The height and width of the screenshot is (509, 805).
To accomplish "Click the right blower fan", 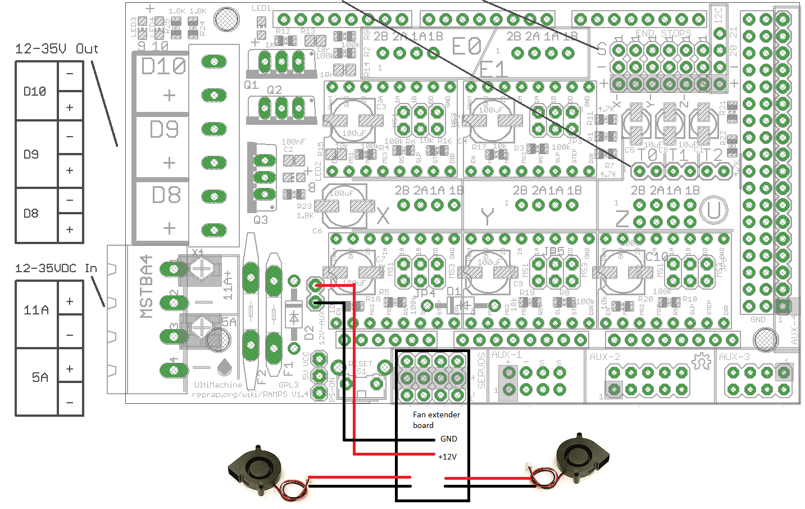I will [x=582, y=458].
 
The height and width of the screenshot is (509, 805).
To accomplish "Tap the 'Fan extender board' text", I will [x=436, y=420].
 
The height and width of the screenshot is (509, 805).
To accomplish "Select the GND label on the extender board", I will [x=448, y=439].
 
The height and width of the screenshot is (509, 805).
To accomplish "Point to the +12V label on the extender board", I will [x=447, y=457].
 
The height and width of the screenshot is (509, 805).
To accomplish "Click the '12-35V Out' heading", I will [x=56, y=49].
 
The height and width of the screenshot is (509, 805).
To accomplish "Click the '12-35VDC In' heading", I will [x=56, y=268].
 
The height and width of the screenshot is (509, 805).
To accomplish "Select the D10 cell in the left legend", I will [x=35, y=91].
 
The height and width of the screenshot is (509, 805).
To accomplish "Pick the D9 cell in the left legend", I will [x=31, y=154].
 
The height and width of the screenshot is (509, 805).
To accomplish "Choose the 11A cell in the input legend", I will [x=36, y=310].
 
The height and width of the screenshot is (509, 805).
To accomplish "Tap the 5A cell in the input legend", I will [x=39, y=377].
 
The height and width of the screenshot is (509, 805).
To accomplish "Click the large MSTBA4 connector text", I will [x=146, y=287].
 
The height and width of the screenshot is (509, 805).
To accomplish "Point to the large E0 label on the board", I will [x=466, y=47].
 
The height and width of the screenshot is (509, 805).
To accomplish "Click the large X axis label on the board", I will [x=383, y=215].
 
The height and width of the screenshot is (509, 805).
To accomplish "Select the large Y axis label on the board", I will [x=487, y=217].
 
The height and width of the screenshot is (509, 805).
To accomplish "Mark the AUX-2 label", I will [x=604, y=357].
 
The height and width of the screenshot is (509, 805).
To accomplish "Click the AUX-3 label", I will [x=734, y=357].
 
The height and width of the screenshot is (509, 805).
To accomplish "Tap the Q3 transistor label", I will [x=260, y=220].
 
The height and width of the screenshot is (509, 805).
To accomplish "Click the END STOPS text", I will [x=663, y=34].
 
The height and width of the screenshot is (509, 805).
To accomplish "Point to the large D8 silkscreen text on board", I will [x=166, y=196].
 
